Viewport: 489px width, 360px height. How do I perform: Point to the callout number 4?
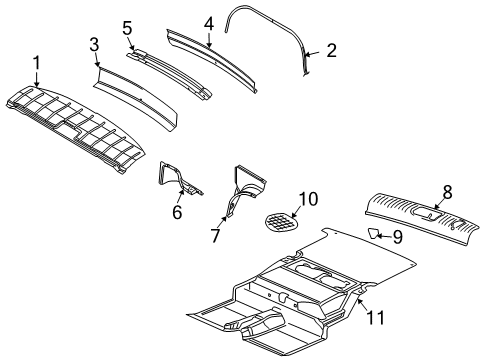pyautogui.click(x=208, y=21)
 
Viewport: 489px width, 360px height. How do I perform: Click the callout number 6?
pyautogui.click(x=177, y=211)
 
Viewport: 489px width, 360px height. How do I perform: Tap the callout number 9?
pyautogui.click(x=396, y=237)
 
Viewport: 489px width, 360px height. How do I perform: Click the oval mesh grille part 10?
pyautogui.click(x=283, y=221)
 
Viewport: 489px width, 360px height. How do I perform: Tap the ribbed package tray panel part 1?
pyautogui.click(x=75, y=125)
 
